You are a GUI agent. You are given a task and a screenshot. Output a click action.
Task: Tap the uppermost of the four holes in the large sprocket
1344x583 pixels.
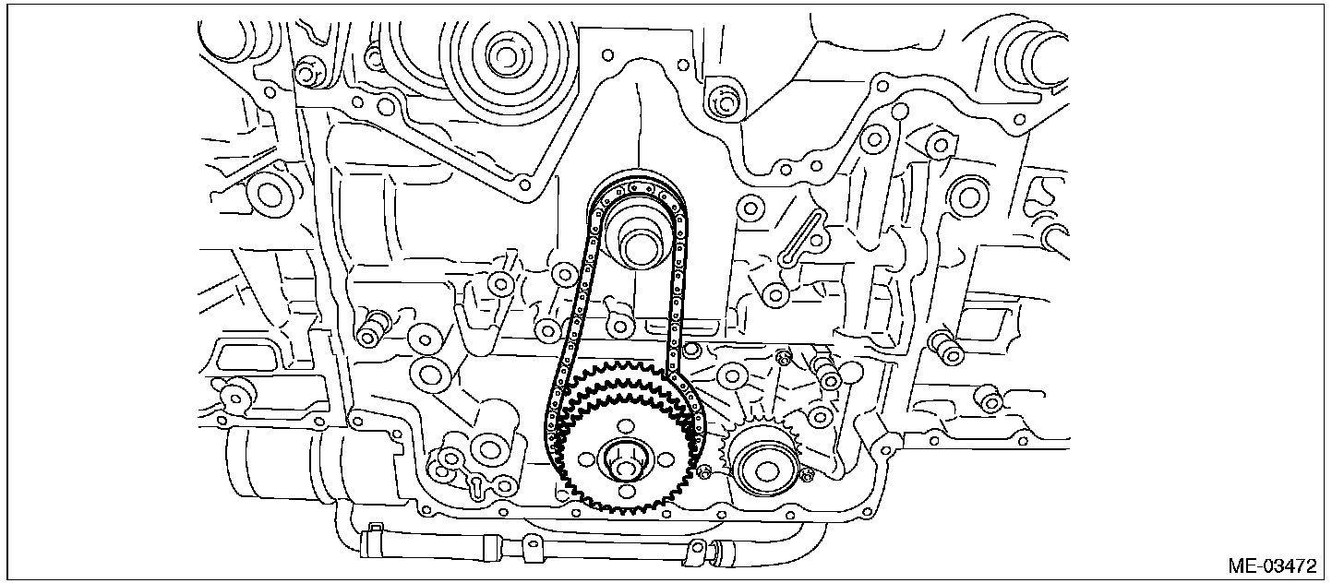pos(624,425)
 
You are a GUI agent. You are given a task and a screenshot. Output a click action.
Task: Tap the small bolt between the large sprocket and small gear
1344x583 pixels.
pos(705,473)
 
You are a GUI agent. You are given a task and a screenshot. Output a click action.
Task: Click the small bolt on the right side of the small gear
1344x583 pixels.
pos(809,475)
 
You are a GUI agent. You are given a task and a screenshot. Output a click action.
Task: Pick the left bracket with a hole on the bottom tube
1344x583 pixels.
pos(530,547)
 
